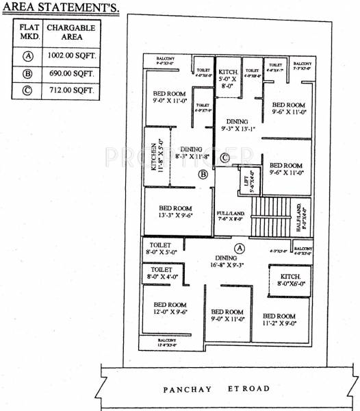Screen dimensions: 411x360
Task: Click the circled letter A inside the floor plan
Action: coord(240,247)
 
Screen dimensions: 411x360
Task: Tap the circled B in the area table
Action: coord(27,74)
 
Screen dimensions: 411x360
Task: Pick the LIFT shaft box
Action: coord(250,183)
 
